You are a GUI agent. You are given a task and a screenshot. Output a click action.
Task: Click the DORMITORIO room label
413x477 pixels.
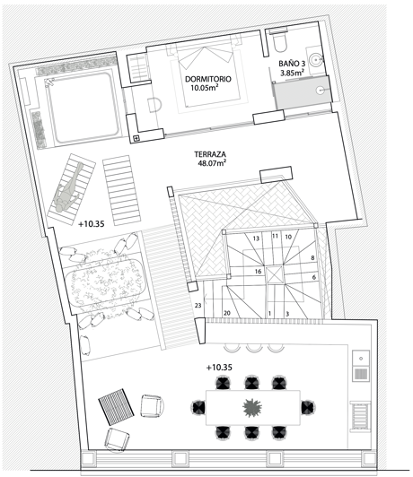click(x=208, y=79)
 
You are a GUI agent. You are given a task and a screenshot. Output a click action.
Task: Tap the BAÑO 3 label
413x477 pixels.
click(x=292, y=64)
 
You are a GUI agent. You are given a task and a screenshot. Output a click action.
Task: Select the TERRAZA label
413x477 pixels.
click(x=210, y=154)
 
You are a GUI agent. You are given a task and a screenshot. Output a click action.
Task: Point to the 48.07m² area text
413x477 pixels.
click(x=212, y=163)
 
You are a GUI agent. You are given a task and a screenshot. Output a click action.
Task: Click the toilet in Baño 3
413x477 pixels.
click(x=279, y=44)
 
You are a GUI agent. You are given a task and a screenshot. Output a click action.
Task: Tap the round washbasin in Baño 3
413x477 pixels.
click(x=315, y=59)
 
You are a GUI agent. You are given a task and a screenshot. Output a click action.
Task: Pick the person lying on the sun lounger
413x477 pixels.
click(x=68, y=188)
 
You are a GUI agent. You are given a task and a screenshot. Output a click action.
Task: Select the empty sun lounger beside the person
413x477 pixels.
click(x=121, y=190)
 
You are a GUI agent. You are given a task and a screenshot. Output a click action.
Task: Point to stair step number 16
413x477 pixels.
click(x=258, y=272)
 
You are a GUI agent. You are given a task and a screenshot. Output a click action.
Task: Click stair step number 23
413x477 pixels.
click(x=198, y=305)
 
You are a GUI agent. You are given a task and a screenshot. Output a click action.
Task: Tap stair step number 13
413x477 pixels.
click(x=256, y=238)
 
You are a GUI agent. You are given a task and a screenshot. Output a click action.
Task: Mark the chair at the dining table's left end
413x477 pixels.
click(x=198, y=407)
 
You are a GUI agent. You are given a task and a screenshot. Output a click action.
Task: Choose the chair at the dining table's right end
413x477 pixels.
click(x=308, y=407)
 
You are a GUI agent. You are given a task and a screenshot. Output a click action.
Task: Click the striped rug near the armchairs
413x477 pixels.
click(x=116, y=407)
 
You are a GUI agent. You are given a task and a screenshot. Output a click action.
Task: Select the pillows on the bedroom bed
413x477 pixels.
click(x=205, y=57)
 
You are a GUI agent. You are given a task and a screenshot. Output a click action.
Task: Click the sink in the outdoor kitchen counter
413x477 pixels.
click(x=361, y=359)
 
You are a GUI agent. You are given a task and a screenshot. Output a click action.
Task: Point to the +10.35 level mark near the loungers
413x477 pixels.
click(x=92, y=224)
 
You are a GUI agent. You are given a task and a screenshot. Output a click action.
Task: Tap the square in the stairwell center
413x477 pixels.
click(x=275, y=275)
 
